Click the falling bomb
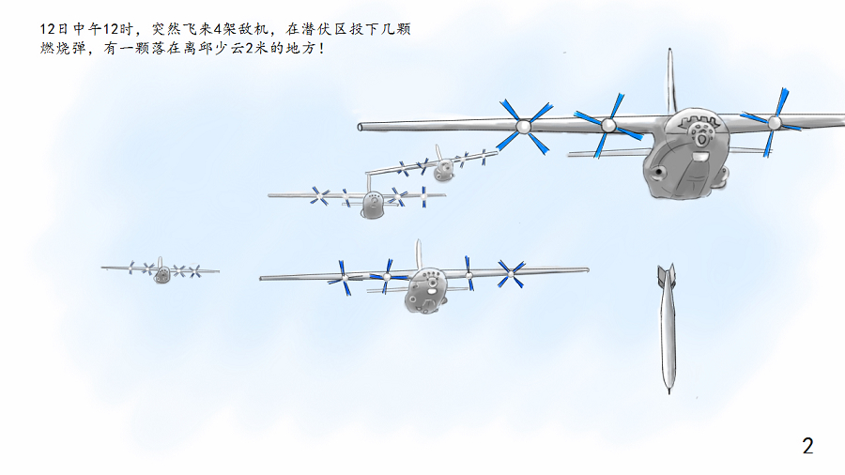click(668, 329)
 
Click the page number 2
click(807, 446)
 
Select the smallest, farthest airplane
click(161, 269)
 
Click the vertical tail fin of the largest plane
click(671, 81)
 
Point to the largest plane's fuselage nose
click(685, 154)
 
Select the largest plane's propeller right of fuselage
click(774, 123)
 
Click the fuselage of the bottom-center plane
click(425, 291)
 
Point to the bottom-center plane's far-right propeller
click(511, 273)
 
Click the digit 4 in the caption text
click(218, 29)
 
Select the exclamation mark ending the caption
click(322, 49)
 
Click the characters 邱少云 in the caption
click(222, 49)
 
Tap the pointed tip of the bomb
click(668, 393)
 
